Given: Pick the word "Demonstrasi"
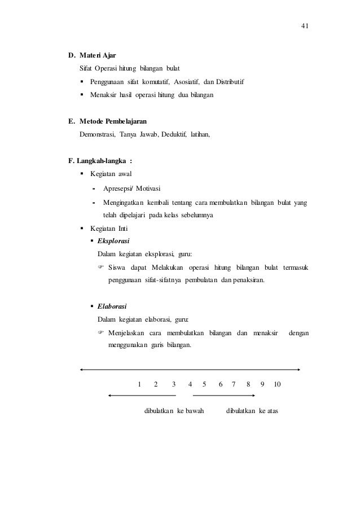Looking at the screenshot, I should point(96,135).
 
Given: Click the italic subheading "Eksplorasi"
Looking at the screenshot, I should point(113,241).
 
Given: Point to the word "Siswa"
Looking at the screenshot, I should point(117,267).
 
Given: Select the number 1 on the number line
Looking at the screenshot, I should point(139,384).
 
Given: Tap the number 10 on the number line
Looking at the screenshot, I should point(277,384).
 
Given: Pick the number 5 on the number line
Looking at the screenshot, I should point(204,384).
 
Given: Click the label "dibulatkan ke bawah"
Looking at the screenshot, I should point(174,410).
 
